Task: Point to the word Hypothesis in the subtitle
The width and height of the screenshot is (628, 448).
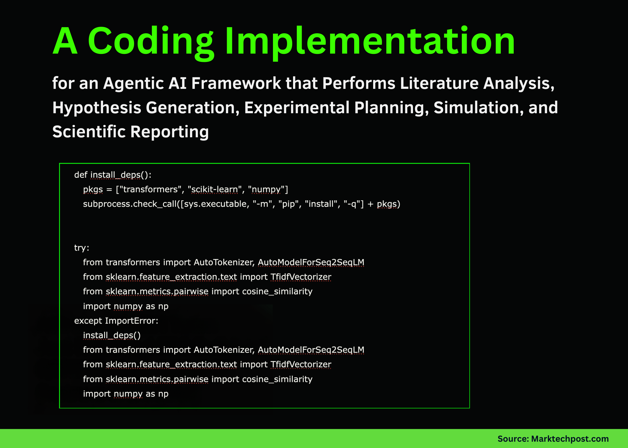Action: [x=96, y=108]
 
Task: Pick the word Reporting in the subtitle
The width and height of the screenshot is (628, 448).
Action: [x=169, y=132]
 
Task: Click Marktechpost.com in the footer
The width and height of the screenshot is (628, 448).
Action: [x=570, y=439]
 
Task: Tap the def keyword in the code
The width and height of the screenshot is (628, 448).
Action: [x=80, y=175]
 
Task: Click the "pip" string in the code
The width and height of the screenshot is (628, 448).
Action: [x=288, y=204]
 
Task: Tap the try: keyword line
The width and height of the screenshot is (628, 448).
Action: [x=82, y=248]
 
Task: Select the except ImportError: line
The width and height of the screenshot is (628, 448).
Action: [x=116, y=321]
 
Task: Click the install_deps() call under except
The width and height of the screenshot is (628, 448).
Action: [x=112, y=335]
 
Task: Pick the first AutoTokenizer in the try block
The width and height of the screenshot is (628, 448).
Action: [x=224, y=262]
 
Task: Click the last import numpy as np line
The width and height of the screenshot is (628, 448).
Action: [x=125, y=394]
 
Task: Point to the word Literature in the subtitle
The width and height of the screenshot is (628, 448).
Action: [x=439, y=83]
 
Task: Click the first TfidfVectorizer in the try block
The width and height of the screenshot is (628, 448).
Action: [x=301, y=277]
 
